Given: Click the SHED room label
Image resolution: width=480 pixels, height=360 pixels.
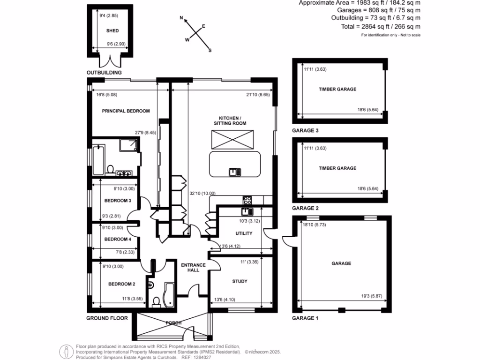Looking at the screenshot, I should click(x=112, y=31).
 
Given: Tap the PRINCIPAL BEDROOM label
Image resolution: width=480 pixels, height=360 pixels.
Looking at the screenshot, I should click(x=126, y=111).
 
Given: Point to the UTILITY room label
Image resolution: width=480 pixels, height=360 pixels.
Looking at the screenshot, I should click(x=244, y=233).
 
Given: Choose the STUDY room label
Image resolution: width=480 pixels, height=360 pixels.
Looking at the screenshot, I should click(x=240, y=281).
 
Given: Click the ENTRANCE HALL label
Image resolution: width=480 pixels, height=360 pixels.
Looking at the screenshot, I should click(x=194, y=268).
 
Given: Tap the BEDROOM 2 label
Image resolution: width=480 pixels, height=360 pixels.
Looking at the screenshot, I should click(x=122, y=284).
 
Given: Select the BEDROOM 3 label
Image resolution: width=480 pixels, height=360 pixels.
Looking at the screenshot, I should click(x=117, y=201).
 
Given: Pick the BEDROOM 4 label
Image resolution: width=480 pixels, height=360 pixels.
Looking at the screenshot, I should click(x=117, y=239).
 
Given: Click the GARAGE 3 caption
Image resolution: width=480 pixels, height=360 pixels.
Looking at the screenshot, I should click(x=305, y=131).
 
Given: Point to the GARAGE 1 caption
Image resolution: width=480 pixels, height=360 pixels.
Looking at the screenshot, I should click(x=305, y=318).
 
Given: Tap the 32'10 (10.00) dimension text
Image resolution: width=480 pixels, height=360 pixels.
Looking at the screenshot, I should click(x=202, y=193).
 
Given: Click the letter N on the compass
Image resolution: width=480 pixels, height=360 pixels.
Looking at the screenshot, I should click(x=181, y=17).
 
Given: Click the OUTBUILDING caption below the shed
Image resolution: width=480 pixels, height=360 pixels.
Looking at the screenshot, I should click(x=104, y=73).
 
